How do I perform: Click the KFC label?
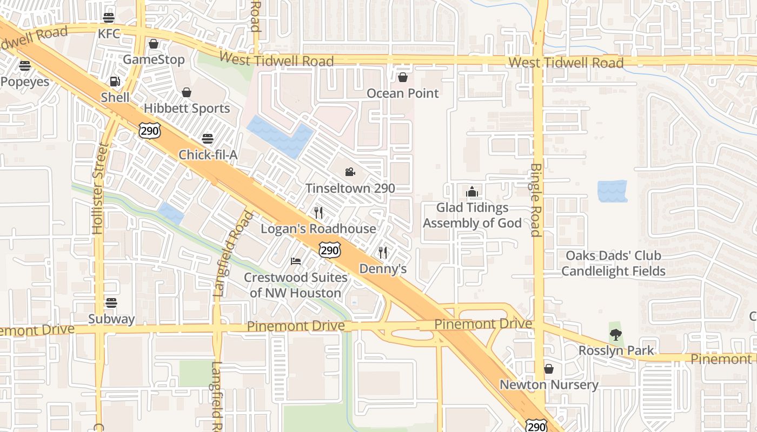click(109, 34)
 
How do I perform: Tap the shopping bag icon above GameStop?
click(154, 44)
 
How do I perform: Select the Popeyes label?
click(25, 82)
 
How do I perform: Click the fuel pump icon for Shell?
click(115, 82)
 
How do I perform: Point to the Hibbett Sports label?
click(187, 109)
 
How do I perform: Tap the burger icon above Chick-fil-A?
click(208, 139)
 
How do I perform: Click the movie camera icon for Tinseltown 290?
click(350, 172)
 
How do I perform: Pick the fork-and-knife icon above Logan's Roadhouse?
click(318, 213)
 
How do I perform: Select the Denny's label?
click(383, 269)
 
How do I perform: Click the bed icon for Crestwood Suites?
click(296, 261)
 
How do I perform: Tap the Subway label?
click(111, 319)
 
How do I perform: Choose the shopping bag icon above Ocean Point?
click(402, 77)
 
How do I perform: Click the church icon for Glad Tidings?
click(472, 192)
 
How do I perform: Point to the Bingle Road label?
click(535, 200)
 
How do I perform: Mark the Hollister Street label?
click(98, 188)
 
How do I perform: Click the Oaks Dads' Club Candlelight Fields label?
click(613, 263)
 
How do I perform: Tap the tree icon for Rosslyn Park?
click(615, 335)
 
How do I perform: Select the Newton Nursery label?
click(549, 385)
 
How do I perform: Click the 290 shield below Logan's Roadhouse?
click(329, 250)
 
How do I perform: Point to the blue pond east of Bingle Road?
click(613, 191)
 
